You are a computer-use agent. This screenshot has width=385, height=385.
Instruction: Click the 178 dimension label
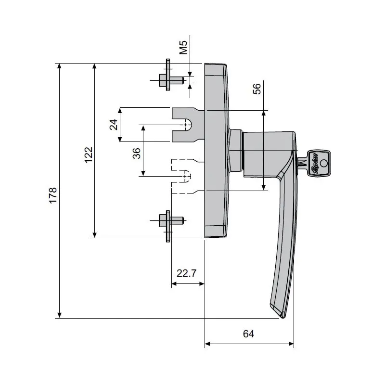[53, 194]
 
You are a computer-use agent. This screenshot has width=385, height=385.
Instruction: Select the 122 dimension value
[89, 155]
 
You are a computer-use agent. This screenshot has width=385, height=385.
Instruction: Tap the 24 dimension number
[114, 125]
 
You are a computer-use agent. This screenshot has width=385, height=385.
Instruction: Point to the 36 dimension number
[137, 153]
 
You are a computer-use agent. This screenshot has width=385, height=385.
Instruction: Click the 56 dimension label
[257, 89]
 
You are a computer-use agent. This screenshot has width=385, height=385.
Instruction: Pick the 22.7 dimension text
[186, 273]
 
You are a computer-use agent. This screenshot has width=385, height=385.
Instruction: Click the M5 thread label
[183, 48]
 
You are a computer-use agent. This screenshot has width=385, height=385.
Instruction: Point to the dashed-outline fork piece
[183, 176]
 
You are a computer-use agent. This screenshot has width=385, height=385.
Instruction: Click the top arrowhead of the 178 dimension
[59, 66]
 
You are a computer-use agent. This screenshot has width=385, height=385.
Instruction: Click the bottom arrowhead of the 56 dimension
[264, 188]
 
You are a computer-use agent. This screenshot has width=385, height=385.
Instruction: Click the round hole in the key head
[323, 163]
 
